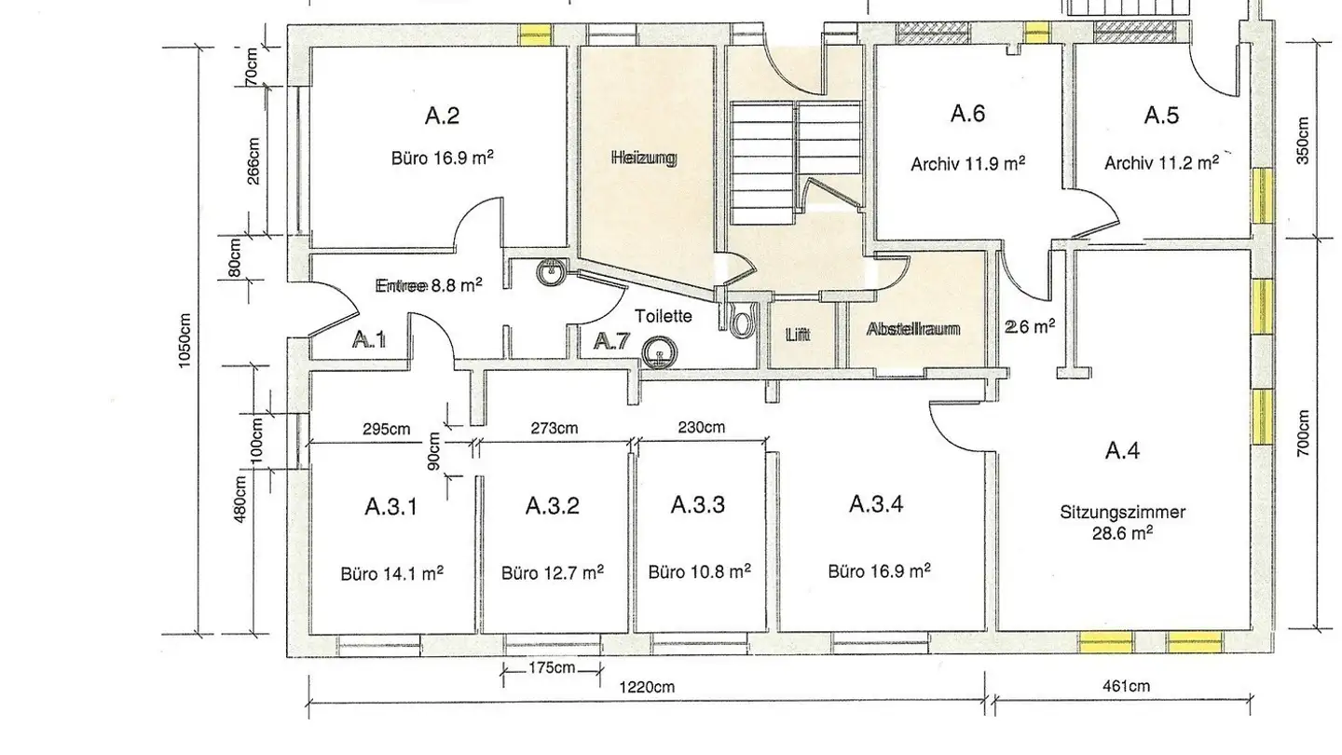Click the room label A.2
click(x=442, y=115)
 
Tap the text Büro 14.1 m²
click(x=392, y=573)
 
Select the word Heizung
click(x=645, y=158)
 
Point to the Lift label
click(x=798, y=335)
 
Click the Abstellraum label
click(x=913, y=329)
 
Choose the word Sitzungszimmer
click(x=1123, y=513)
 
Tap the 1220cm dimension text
click(x=647, y=687)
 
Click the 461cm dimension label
click(x=1127, y=686)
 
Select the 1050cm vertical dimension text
click(x=185, y=341)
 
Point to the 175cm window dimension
click(x=552, y=667)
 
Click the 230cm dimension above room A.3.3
click(x=702, y=427)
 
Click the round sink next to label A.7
click(x=659, y=352)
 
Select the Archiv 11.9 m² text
click(x=968, y=164)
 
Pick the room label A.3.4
click(x=876, y=504)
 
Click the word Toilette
click(x=664, y=316)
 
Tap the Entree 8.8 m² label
click(x=429, y=285)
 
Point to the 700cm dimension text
click(x=1304, y=433)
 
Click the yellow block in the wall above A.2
click(x=535, y=34)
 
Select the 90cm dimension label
click(x=434, y=451)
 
